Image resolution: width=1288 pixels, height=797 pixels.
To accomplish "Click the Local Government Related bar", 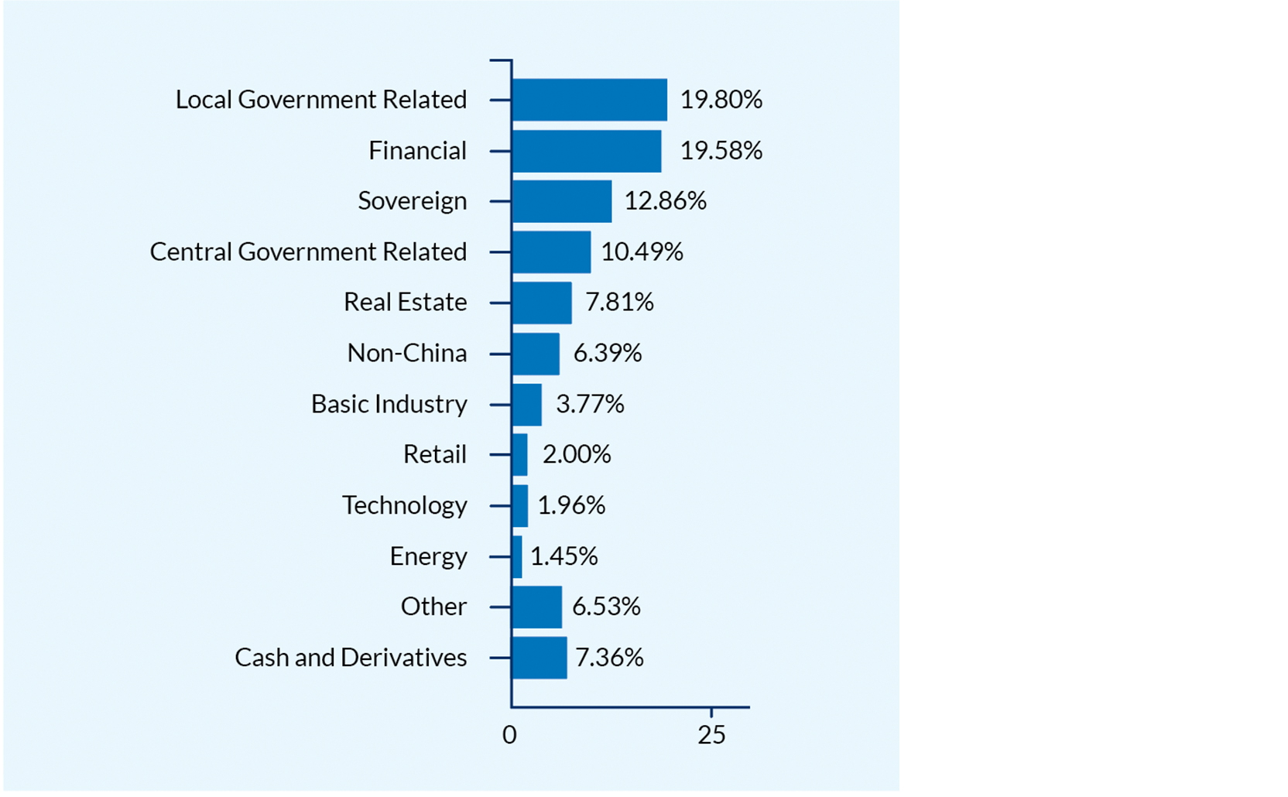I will click(589, 100).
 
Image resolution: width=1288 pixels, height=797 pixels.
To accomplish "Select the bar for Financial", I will click(587, 151).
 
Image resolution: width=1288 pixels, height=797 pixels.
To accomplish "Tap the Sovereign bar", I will click(562, 201).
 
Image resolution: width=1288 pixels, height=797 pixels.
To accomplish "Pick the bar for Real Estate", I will click(542, 303).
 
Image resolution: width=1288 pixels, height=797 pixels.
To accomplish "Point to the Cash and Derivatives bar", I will click(540, 658).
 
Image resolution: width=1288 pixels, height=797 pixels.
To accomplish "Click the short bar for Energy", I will click(517, 556).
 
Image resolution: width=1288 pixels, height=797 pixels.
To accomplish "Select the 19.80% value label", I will click(721, 100).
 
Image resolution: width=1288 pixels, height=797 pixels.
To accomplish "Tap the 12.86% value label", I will click(665, 201).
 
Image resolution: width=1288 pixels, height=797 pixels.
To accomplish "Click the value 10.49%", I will click(642, 252).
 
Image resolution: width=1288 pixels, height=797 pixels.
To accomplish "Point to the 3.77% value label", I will click(590, 404).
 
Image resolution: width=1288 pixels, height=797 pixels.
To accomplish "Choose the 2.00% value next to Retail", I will click(577, 454).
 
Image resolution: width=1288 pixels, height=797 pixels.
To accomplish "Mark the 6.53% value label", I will click(606, 607).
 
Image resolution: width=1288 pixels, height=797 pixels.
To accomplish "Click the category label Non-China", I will click(407, 354).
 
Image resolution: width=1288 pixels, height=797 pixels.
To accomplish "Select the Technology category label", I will click(405, 505).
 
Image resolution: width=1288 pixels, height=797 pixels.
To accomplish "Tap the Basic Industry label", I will click(389, 404).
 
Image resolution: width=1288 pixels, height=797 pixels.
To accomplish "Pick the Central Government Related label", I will click(308, 252).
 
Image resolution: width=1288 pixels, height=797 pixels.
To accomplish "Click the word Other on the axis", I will click(433, 607).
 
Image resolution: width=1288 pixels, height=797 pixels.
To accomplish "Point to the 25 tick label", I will click(711, 735).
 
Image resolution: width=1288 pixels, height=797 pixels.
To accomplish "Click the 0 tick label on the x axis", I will click(509, 735).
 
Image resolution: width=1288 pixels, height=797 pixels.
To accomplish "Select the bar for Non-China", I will click(536, 354).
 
